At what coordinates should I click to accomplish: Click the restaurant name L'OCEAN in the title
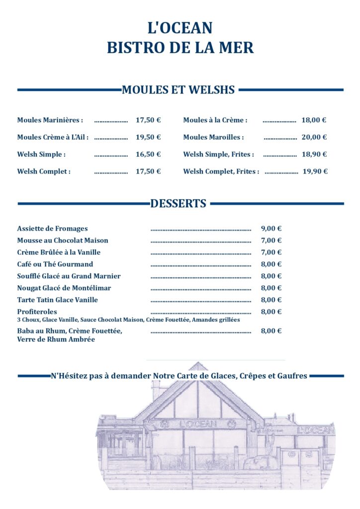(180, 27)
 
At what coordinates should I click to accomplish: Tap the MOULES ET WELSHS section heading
(178, 90)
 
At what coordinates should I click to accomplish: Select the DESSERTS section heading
(178, 203)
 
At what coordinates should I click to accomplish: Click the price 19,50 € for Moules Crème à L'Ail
(148, 137)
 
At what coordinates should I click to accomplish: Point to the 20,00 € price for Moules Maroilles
(314, 137)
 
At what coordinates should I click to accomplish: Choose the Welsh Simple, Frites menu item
(218, 155)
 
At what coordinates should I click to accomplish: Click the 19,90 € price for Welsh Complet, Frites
(315, 171)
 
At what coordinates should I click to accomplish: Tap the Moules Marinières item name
(50, 120)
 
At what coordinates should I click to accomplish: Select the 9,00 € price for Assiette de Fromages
(271, 229)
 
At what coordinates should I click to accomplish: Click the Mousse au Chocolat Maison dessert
(63, 241)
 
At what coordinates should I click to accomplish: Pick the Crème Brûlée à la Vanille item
(59, 253)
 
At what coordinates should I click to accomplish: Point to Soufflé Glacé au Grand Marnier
(69, 276)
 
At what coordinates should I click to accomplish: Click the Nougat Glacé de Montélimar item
(64, 288)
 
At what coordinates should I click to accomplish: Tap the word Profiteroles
(37, 312)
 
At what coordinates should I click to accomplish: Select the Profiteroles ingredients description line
(128, 320)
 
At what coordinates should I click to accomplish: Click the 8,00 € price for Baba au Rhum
(271, 331)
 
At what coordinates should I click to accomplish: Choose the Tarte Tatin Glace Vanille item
(57, 300)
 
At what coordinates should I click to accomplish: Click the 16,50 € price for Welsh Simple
(148, 155)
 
